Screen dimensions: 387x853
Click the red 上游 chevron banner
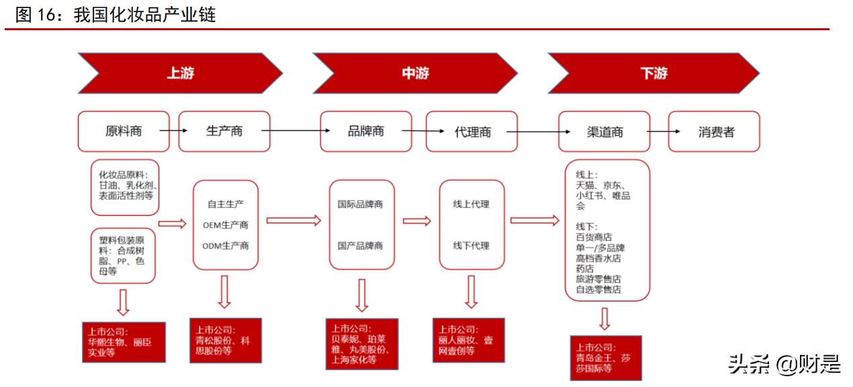point(180,73)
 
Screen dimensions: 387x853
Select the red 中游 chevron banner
point(415,73)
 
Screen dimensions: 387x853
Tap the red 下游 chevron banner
point(653,73)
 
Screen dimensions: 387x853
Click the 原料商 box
point(124,131)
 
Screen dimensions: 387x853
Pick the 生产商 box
point(224,131)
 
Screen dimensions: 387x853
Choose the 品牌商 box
point(365,131)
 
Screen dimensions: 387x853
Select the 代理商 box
point(472,132)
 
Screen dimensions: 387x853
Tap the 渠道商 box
point(604,132)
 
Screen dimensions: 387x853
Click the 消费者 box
point(715,132)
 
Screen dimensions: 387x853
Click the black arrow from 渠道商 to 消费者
point(659,132)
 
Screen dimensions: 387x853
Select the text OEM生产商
point(226,225)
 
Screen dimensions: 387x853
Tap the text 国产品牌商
point(361,246)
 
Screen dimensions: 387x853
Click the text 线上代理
point(472,204)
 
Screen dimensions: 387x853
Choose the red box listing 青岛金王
point(605,357)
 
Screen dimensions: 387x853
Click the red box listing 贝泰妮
point(361,344)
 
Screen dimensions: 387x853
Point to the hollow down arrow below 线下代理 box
point(471,292)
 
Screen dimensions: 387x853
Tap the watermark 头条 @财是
point(784,364)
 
